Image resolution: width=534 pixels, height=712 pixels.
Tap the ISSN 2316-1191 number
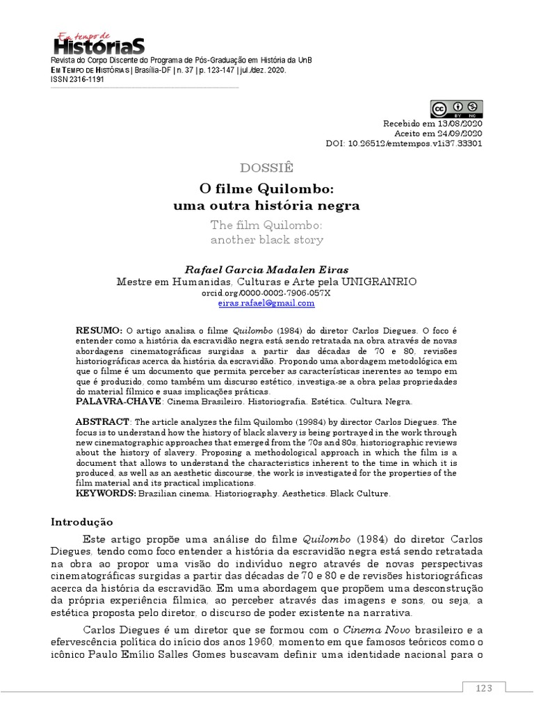point(77,80)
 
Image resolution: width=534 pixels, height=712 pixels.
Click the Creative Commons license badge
point(456,110)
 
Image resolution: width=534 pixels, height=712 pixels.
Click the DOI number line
point(403,144)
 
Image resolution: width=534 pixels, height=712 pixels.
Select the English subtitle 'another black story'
point(267,240)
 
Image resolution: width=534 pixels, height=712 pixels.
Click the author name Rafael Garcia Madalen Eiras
point(267,270)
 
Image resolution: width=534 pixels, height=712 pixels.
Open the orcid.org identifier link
point(266,293)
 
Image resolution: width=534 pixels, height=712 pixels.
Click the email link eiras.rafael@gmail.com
point(266,303)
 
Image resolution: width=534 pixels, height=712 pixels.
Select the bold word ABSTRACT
point(102,422)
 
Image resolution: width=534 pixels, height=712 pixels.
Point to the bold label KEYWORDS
point(105,494)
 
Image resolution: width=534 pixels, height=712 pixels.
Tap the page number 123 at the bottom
point(484,688)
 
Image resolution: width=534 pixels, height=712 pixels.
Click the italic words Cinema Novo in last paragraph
point(397,629)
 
